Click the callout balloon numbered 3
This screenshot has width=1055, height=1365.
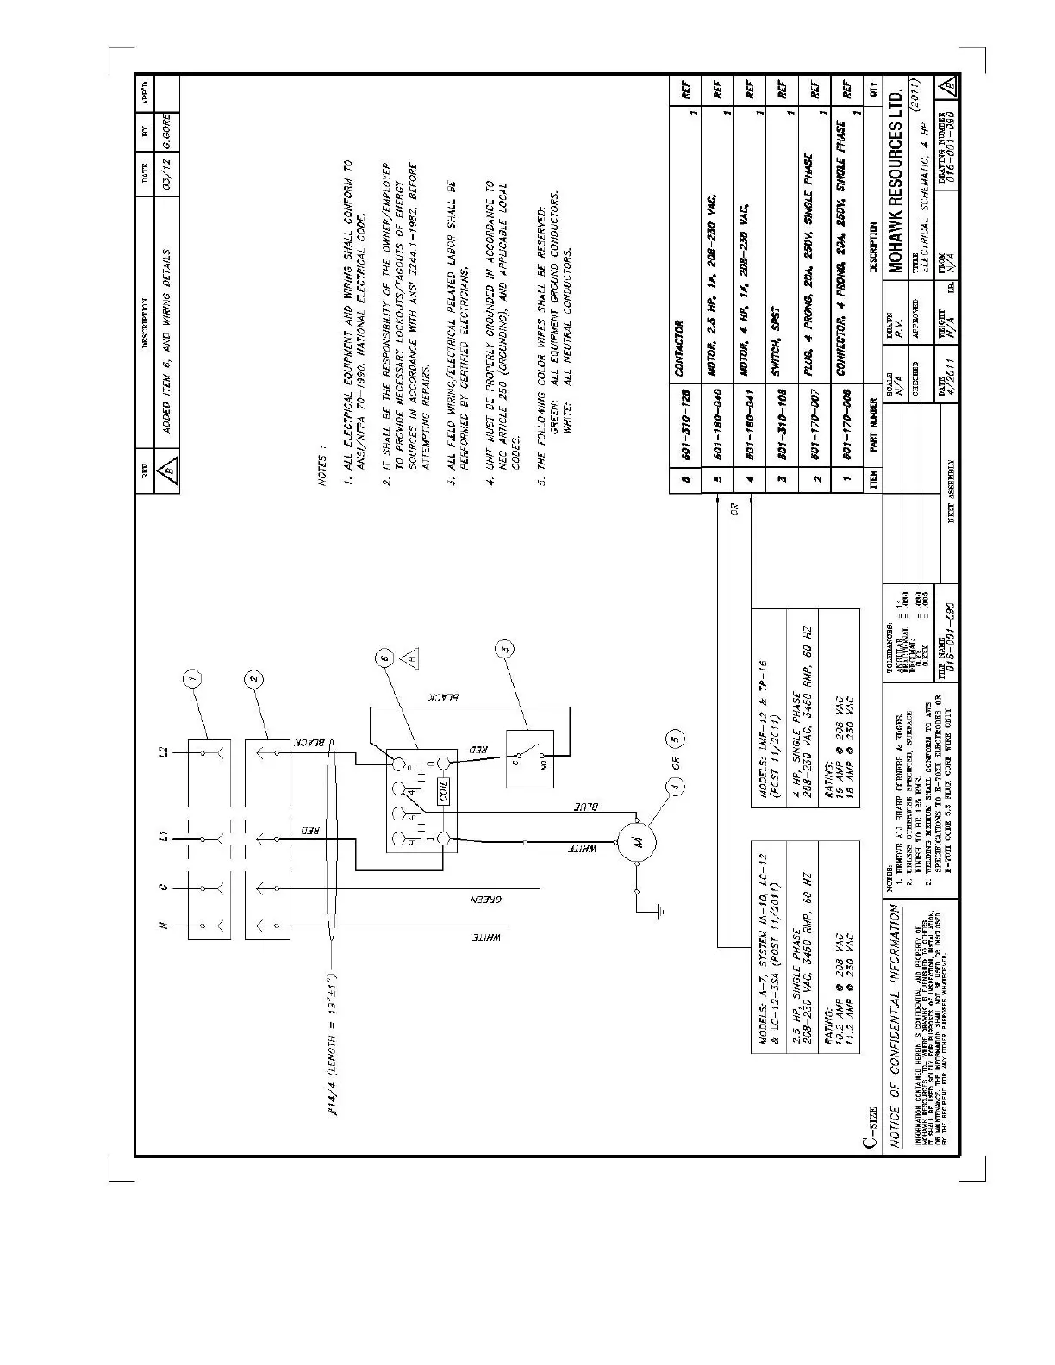tap(506, 649)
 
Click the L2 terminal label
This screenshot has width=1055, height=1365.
tap(165, 753)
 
